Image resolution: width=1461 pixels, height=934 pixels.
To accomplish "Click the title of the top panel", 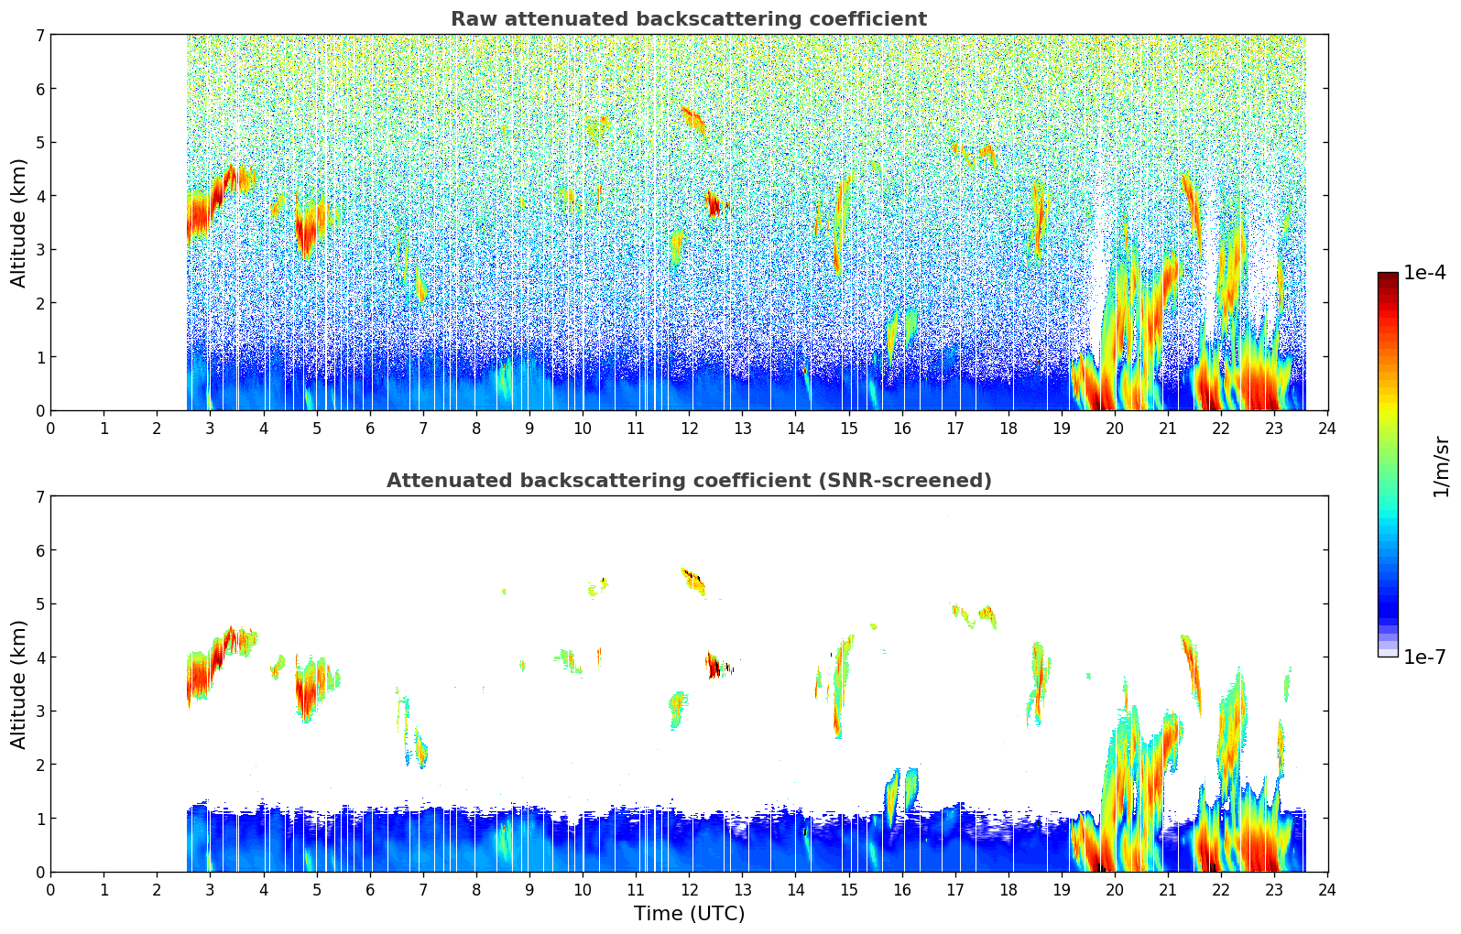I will pyautogui.click(x=688, y=19).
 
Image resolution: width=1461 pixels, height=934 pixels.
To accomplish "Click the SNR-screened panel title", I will pyautogui.click(x=688, y=481).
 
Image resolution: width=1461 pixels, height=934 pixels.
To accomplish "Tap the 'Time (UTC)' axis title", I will pyautogui.click(x=689, y=914).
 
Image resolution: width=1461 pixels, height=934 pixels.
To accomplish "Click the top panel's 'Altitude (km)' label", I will pyautogui.click(x=19, y=223).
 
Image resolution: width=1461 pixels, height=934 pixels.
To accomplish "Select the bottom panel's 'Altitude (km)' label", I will pyautogui.click(x=19, y=684).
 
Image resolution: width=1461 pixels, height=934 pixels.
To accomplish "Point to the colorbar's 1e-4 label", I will pyautogui.click(x=1424, y=273).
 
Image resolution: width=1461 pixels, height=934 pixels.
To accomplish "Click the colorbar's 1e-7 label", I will pyautogui.click(x=1424, y=657).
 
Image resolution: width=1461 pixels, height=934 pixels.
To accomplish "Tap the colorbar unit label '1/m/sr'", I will pyautogui.click(x=1441, y=466).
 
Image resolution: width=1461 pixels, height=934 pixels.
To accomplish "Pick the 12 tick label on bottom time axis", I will pyautogui.click(x=689, y=890).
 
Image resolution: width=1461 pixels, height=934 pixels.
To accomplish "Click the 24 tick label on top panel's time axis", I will pyautogui.click(x=1327, y=429).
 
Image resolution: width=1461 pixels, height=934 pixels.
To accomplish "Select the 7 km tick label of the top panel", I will pyautogui.click(x=39, y=35).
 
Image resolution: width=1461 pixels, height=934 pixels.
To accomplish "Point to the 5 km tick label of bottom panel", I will pyautogui.click(x=39, y=603).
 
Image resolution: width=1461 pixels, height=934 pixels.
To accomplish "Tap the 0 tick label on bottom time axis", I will pyautogui.click(x=50, y=890).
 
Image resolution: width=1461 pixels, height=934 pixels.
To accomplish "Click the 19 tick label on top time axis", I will pyautogui.click(x=1062, y=429).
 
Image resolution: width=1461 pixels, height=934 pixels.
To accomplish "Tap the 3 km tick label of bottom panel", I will pyautogui.click(x=39, y=711).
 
